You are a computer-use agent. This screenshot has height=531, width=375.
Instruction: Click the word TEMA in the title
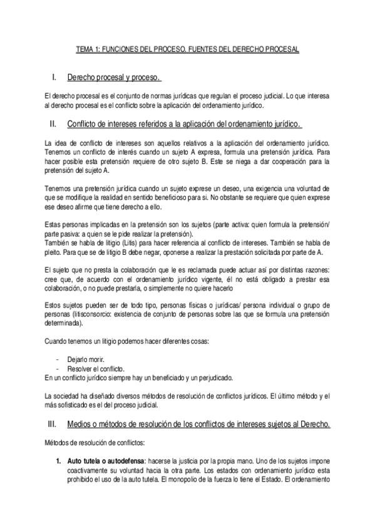point(84,48)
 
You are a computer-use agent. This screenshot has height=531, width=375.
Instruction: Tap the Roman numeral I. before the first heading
point(54,78)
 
